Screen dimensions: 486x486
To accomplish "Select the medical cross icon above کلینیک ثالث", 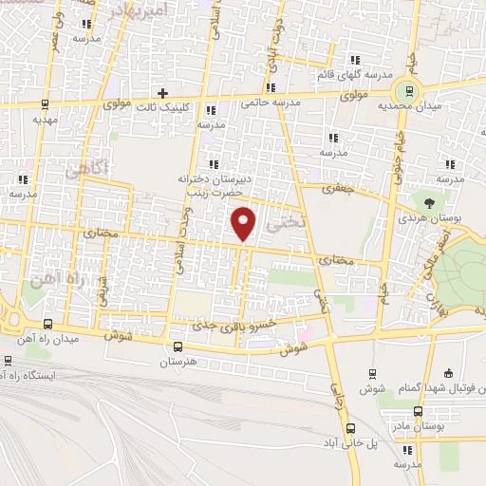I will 162,94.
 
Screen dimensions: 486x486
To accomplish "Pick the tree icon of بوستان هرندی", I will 430,202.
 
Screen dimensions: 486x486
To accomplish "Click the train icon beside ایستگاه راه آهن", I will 9,361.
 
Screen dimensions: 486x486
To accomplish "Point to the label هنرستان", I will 178,364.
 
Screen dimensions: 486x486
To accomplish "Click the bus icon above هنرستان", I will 178,346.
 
